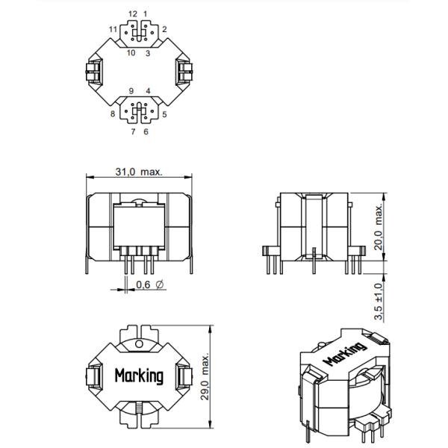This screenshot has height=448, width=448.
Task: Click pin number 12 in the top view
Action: (133, 13)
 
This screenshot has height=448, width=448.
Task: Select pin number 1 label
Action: (146, 13)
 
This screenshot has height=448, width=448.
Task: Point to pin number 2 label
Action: (164, 29)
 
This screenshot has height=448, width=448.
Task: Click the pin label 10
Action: (131, 53)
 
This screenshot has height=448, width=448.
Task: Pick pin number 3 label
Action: (148, 53)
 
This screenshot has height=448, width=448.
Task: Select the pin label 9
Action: (131, 90)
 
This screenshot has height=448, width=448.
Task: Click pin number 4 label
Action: (148, 90)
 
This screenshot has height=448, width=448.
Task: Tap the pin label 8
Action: (112, 114)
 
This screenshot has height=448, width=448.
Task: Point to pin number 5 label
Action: (164, 114)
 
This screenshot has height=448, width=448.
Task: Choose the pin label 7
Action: (133, 131)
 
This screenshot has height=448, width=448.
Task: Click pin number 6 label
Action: (146, 131)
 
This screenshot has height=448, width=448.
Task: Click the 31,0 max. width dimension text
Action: (139, 171)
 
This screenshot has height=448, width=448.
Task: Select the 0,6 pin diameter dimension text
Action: (143, 285)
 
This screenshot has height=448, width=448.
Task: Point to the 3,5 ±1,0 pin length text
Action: (378, 296)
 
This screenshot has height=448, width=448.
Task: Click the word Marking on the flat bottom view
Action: (139, 375)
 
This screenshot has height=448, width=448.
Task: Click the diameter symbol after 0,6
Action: (161, 285)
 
